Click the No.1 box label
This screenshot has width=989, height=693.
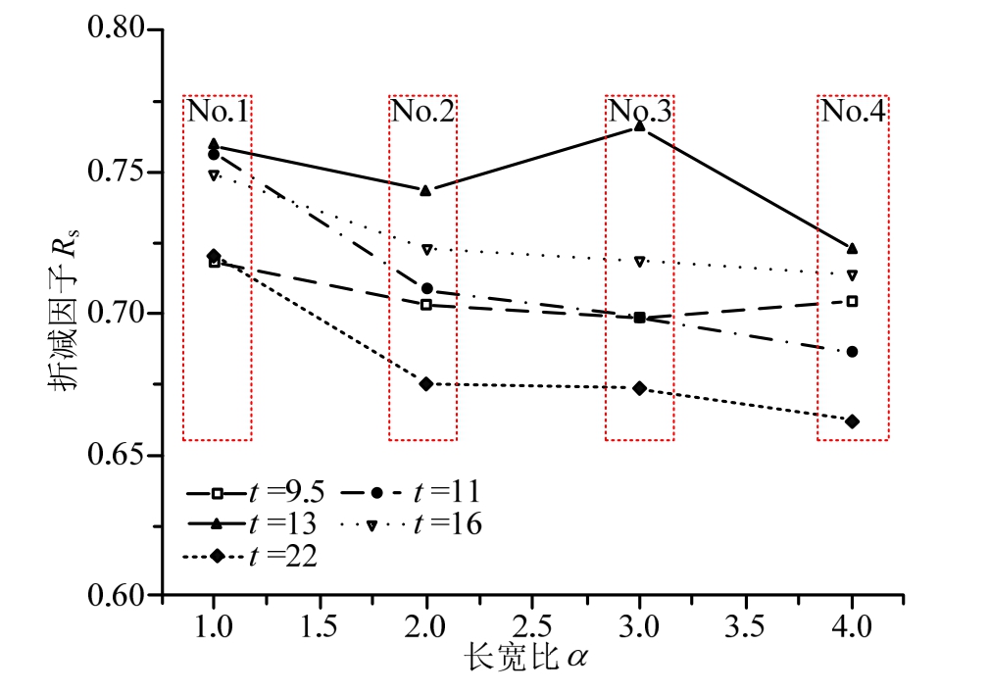[x=217, y=111]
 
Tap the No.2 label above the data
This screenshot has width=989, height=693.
[x=422, y=111]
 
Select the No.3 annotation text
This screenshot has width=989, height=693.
[x=639, y=111]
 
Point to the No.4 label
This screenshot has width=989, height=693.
[x=853, y=111]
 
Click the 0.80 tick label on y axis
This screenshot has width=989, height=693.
[x=118, y=29]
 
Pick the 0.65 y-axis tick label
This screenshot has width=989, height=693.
[x=118, y=456]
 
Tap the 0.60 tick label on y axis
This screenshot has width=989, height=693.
[x=118, y=595]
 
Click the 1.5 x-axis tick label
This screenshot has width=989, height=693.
[x=321, y=625]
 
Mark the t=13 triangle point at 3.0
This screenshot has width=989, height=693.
[x=639, y=126]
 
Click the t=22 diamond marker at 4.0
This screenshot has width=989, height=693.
[x=851, y=421]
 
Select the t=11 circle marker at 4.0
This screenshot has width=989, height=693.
[x=852, y=352]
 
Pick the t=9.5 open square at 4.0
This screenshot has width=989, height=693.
[x=852, y=301]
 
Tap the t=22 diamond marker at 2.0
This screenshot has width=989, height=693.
[x=426, y=383]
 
